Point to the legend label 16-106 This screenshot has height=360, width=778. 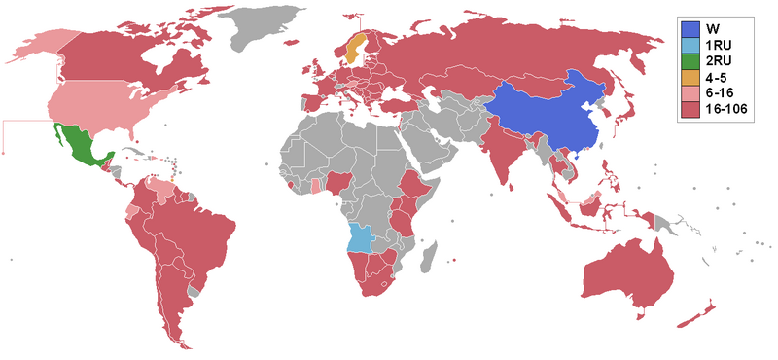tap(730, 110)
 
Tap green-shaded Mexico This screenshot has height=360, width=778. tap(79, 147)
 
